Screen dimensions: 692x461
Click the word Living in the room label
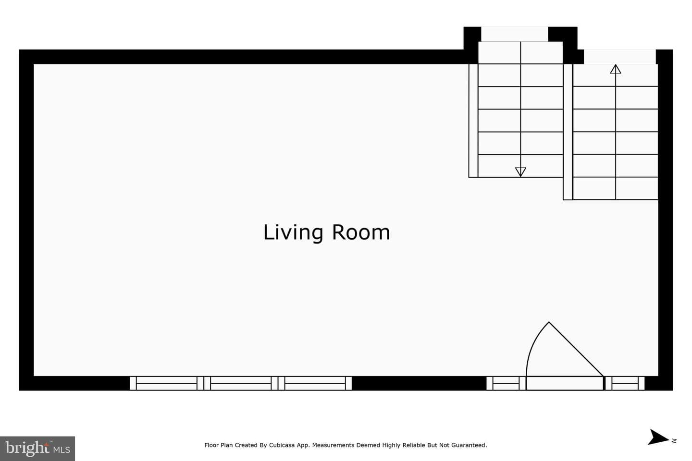click(293, 233)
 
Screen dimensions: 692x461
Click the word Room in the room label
click(361, 232)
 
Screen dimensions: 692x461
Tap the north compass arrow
click(658, 437)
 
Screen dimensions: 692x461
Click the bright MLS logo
click(37, 449)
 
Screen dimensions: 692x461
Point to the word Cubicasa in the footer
click(282, 445)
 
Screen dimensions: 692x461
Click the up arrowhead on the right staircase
click(616, 69)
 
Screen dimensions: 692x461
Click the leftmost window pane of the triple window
click(166, 383)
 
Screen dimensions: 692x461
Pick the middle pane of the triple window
click(241, 383)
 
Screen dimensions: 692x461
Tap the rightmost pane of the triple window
click(315, 383)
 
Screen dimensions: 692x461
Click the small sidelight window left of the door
click(506, 383)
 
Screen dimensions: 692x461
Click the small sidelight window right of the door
click(625, 383)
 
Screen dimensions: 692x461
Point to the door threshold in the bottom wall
click(565, 383)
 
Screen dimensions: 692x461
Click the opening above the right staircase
click(620, 57)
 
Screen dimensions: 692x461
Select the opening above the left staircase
click(515, 34)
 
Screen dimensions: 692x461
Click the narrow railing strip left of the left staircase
click(473, 121)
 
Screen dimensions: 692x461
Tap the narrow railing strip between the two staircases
click(568, 132)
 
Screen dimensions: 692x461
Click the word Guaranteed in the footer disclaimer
click(469, 445)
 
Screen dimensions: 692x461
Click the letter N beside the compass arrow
click(674, 441)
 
